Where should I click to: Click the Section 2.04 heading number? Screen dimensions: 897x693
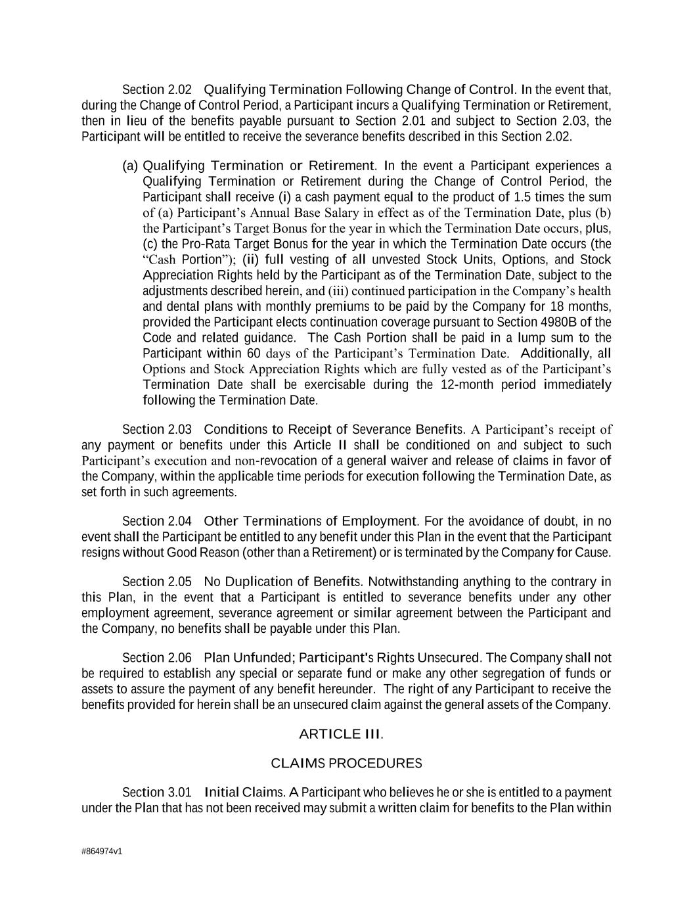pyautogui.click(x=157, y=521)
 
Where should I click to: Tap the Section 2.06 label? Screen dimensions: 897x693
pyautogui.click(x=157, y=658)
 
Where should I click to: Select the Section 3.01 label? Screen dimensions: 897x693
pyautogui.click(x=157, y=793)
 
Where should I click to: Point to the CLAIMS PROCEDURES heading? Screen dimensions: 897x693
pyautogui.click(x=346, y=763)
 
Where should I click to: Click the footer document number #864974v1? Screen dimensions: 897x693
pyautogui.click(x=102, y=852)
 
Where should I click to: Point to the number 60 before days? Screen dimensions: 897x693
pyautogui.click(x=254, y=354)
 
